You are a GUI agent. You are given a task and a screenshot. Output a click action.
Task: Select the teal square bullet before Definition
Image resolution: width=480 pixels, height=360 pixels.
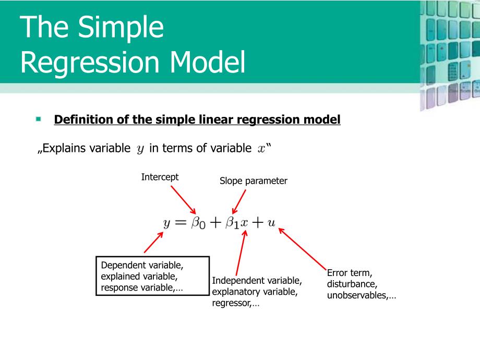click(x=39, y=119)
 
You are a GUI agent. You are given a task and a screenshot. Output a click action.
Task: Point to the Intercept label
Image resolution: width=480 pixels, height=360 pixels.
click(x=160, y=177)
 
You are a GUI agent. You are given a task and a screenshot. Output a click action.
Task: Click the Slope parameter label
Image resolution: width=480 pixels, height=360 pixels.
click(x=253, y=181)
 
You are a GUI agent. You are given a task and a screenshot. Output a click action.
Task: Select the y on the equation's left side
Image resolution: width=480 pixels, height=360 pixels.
click(x=167, y=223)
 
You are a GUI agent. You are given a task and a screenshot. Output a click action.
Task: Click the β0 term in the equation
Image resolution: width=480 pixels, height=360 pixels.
click(x=198, y=223)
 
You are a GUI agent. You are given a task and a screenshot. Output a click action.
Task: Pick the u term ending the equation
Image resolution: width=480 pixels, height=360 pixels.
click(x=271, y=223)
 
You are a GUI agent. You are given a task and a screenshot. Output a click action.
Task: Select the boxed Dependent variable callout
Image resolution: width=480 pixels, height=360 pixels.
click(x=152, y=275)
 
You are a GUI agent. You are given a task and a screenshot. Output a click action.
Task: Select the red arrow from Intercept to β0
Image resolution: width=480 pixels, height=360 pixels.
click(x=182, y=199)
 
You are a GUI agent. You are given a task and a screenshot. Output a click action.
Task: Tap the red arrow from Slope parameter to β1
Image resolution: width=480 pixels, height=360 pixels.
click(x=239, y=201)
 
